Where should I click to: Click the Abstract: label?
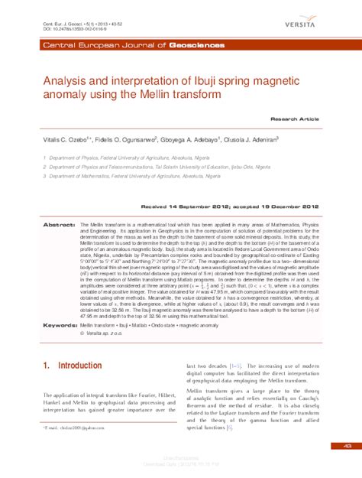pos(59,226)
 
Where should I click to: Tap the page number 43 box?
pos(347,445)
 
